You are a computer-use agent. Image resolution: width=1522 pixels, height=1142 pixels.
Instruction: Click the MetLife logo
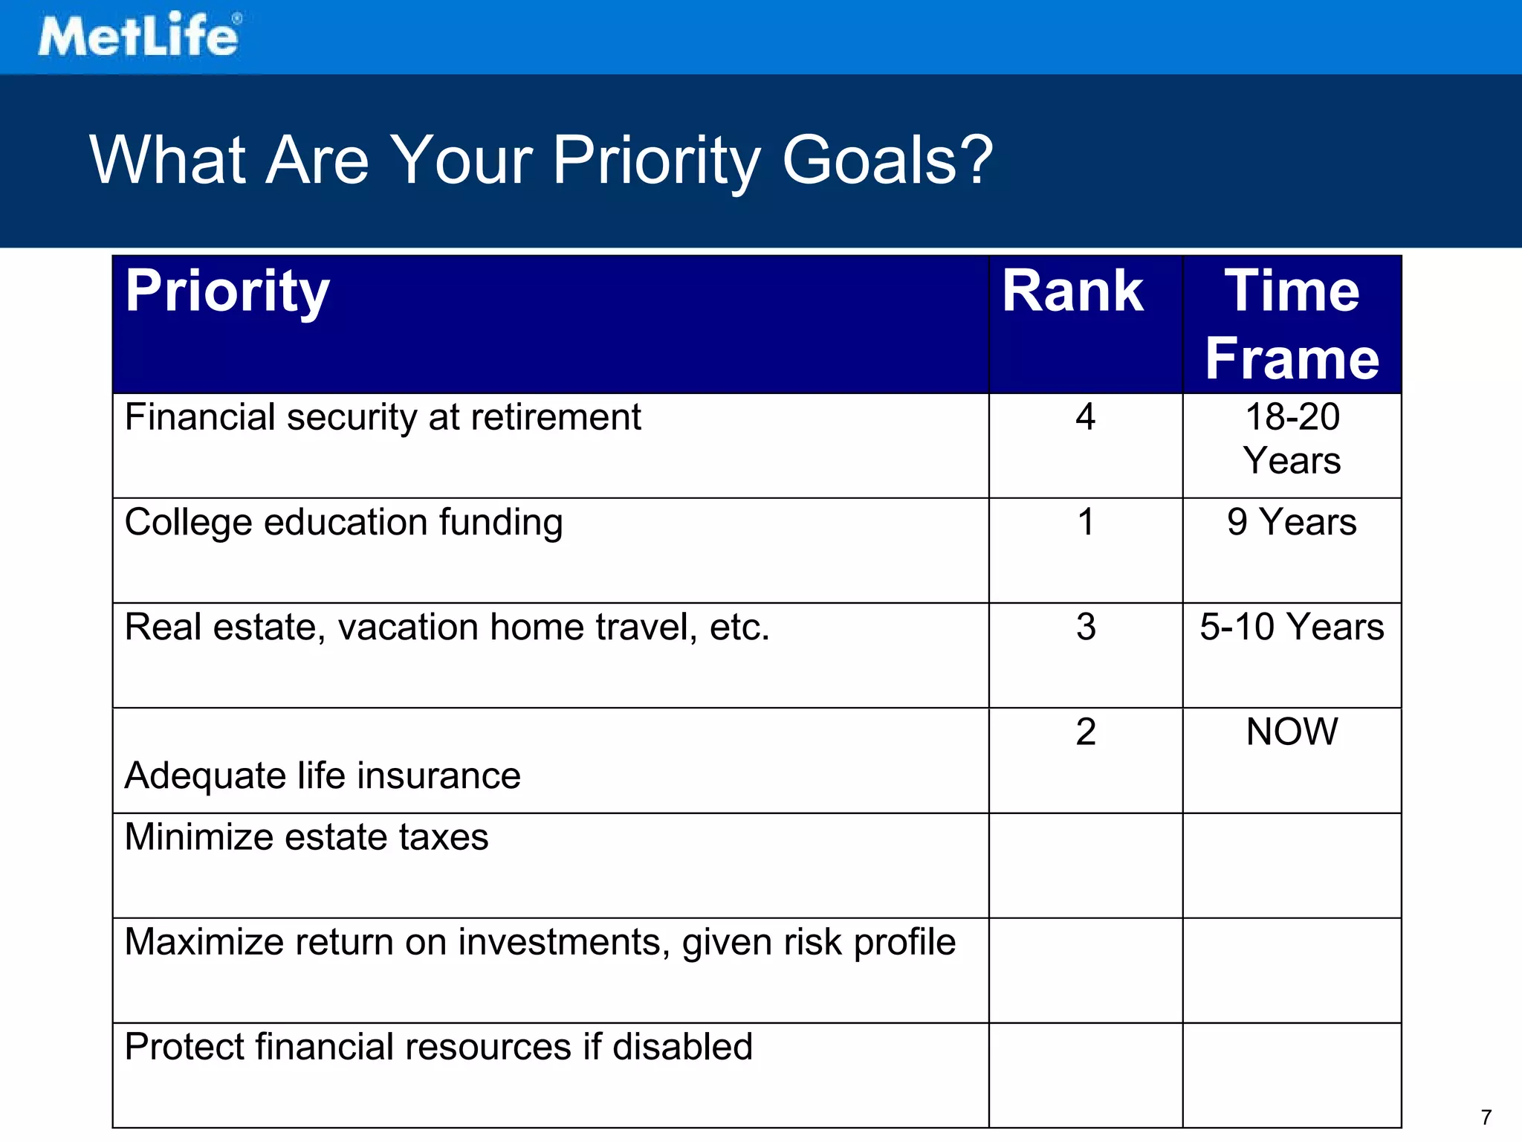[x=139, y=35]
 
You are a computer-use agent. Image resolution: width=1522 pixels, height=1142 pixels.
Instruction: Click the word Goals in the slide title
[x=887, y=160]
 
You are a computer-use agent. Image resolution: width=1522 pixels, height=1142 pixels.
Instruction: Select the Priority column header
[x=227, y=291]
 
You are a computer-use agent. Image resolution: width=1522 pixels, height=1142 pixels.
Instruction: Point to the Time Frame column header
[x=1292, y=324]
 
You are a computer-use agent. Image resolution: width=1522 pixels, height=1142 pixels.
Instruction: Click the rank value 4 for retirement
[x=1085, y=417]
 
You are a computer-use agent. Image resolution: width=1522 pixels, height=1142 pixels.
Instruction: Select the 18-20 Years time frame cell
[x=1292, y=439]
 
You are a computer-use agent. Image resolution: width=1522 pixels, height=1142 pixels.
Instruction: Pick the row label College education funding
[x=343, y=522]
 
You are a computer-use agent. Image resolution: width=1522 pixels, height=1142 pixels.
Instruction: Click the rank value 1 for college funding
[x=1086, y=522]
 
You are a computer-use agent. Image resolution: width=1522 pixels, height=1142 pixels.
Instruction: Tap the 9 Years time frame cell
[x=1292, y=522]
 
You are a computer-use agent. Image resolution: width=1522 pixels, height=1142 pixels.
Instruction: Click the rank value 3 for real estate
[x=1086, y=628]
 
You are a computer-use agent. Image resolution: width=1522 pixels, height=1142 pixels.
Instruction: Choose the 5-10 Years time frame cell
[x=1292, y=627]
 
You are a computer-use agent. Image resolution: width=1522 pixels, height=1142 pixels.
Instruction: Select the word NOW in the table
[x=1292, y=732]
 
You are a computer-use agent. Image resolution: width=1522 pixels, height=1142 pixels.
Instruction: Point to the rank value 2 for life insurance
[x=1086, y=732]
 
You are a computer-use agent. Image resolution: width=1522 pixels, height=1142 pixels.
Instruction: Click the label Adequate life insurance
[x=323, y=776]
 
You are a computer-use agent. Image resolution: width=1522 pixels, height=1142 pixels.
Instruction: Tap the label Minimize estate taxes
[x=306, y=837]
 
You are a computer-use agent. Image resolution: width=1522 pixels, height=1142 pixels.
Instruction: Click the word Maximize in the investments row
[x=204, y=942]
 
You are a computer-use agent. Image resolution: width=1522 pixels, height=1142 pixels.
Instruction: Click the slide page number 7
[x=1486, y=1117]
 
